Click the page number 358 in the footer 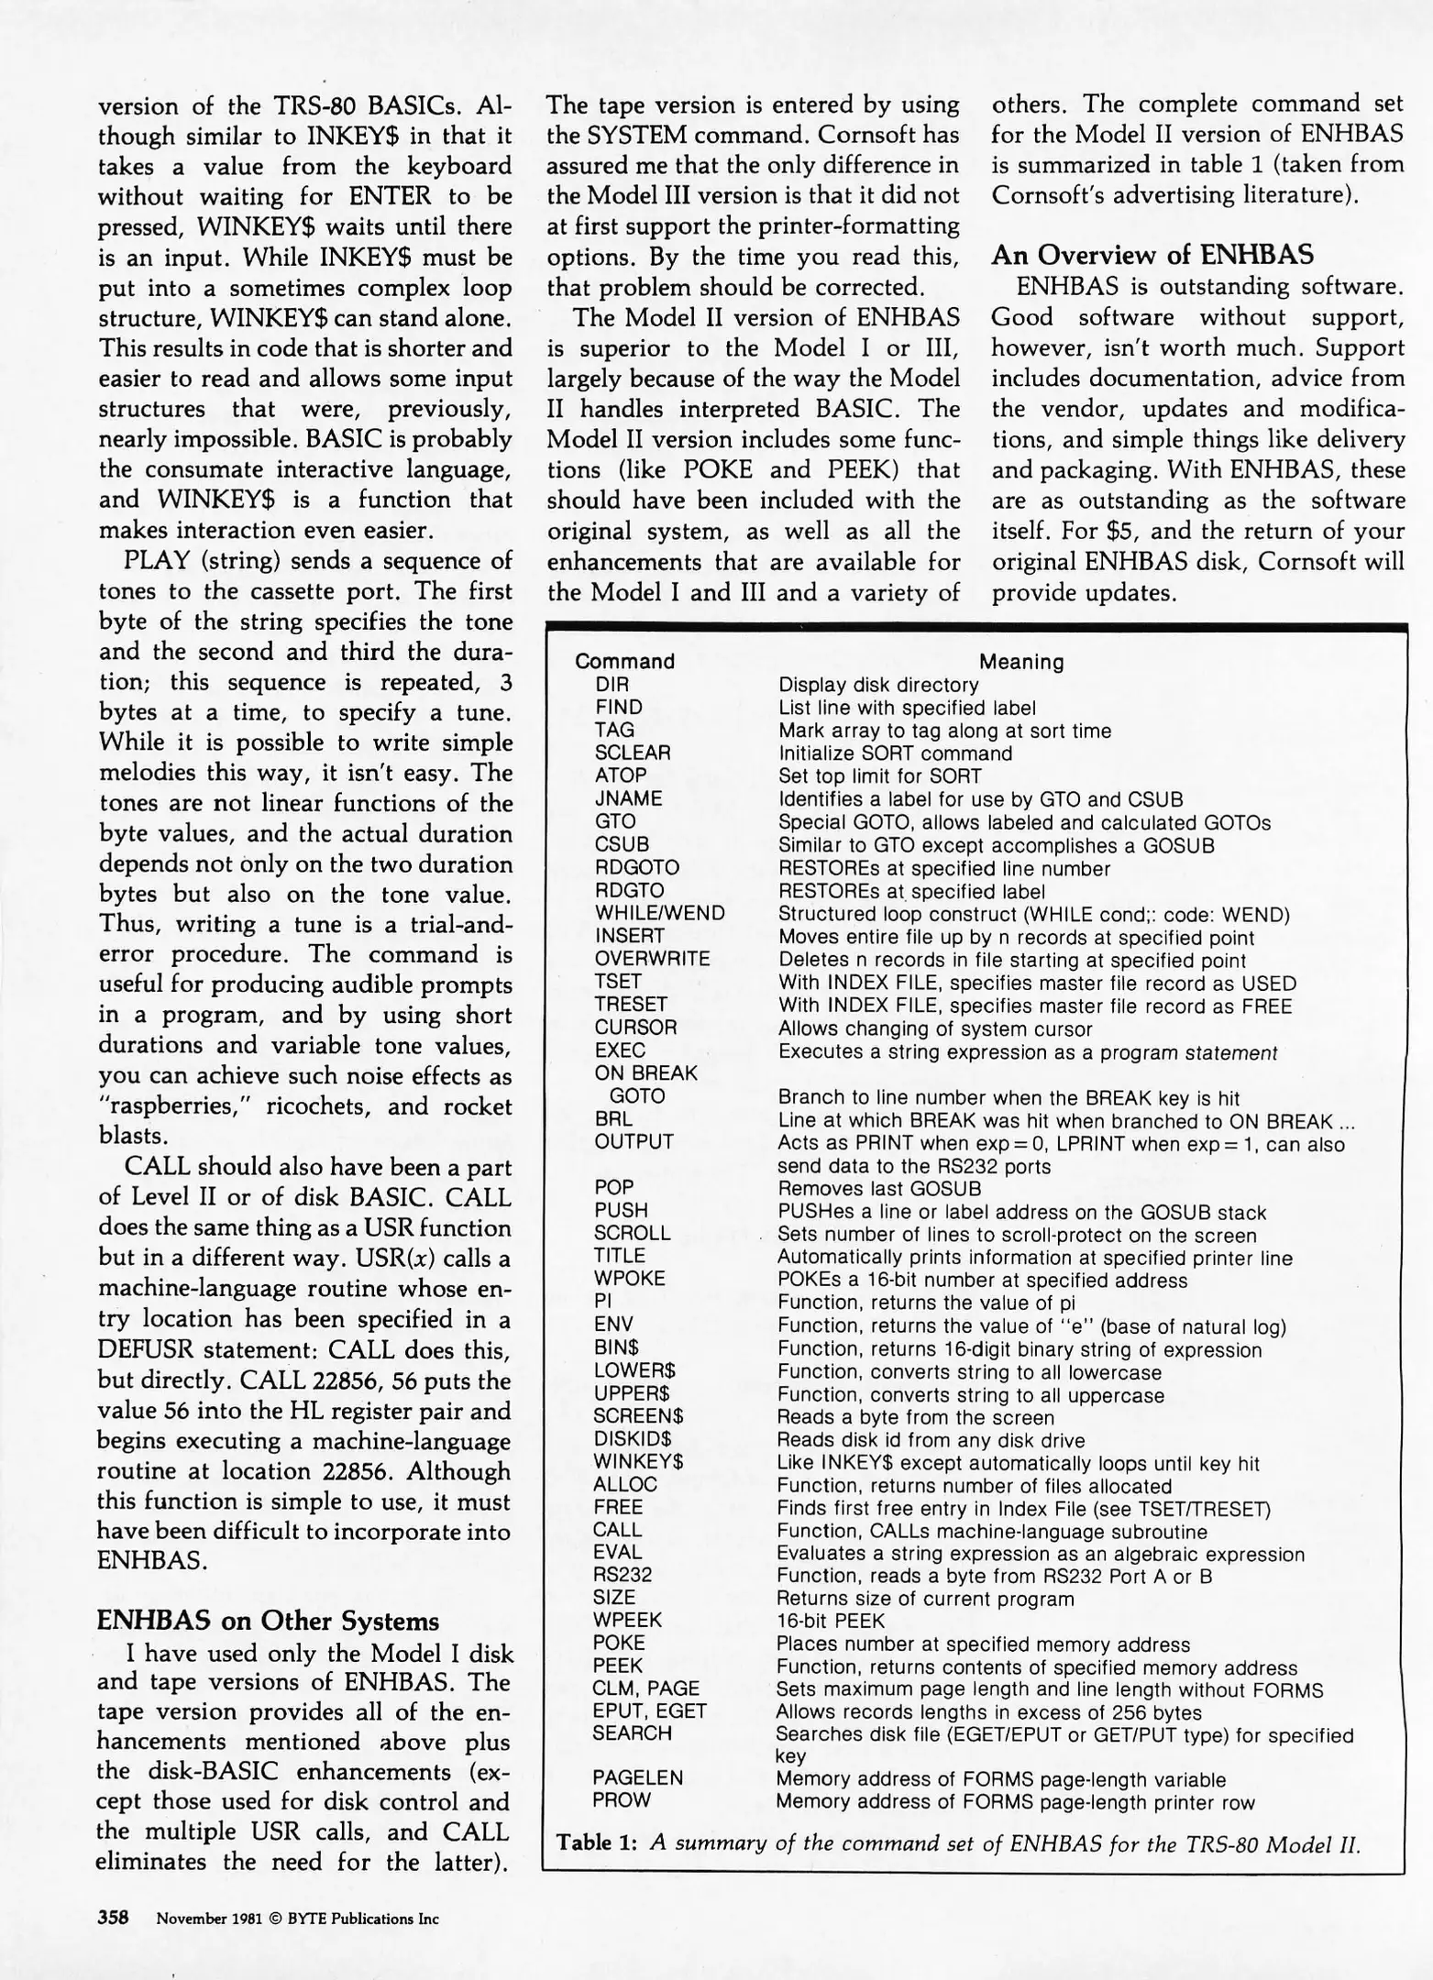[x=115, y=1918]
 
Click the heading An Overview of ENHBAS [x=1152, y=255]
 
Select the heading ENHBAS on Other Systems [x=268, y=1621]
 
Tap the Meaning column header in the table [x=1021, y=661]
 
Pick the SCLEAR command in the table [x=633, y=753]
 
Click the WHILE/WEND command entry [x=659, y=913]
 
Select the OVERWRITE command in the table [x=652, y=959]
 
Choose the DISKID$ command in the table [x=632, y=1439]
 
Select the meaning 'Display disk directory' [x=877, y=685]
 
